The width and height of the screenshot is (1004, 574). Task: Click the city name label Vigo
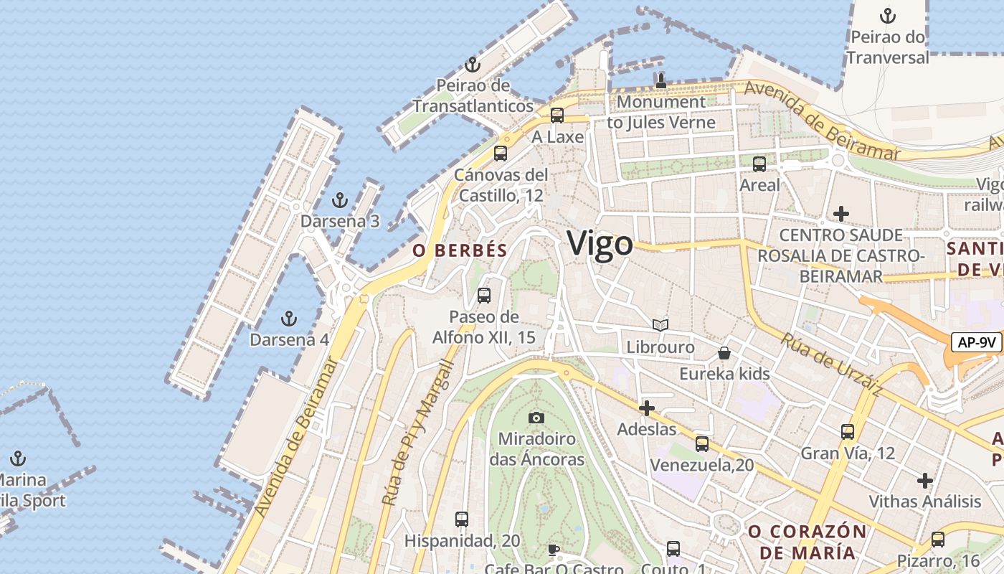coord(600,244)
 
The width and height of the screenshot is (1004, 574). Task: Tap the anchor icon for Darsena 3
coord(341,200)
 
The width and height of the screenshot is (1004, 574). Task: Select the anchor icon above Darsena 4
coord(289,318)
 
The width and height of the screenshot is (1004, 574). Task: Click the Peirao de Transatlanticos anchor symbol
coord(472,65)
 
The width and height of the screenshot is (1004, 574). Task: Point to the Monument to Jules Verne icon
coord(660,80)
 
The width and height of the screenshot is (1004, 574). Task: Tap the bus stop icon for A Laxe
coord(557,116)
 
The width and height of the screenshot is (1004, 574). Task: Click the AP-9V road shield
coord(976,342)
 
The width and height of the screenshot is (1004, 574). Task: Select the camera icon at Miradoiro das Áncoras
coord(536,418)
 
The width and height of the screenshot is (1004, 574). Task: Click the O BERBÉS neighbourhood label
coord(460,250)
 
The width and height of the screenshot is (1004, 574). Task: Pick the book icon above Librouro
coord(660,326)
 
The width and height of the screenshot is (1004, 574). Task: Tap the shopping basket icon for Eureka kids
coord(724,353)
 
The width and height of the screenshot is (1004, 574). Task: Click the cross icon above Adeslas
coord(646,408)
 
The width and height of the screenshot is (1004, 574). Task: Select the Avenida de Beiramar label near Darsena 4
coord(295,438)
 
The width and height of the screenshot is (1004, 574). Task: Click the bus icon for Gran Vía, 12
coord(848,432)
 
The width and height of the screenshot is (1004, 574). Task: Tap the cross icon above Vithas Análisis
coord(925,480)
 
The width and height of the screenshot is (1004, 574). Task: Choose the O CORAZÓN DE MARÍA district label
coord(808,542)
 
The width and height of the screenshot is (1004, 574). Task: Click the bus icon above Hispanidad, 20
coord(462,519)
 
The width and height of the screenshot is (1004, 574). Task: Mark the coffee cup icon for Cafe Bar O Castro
coord(553,550)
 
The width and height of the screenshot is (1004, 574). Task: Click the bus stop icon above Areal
coord(759,164)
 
